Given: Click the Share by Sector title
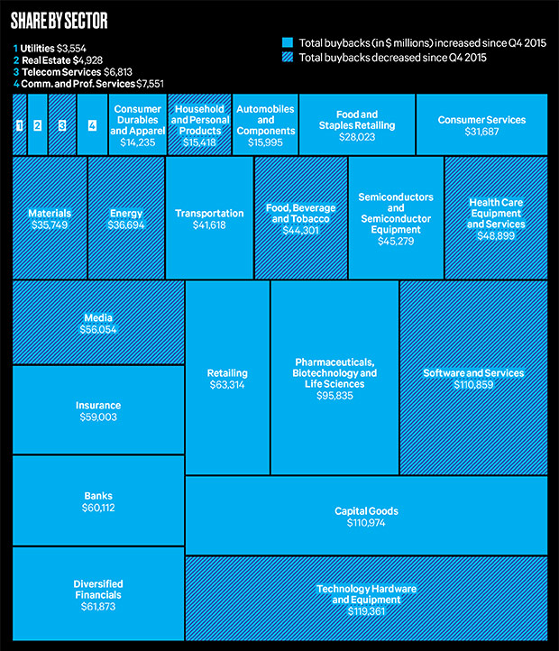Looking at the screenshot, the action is pos(59,21).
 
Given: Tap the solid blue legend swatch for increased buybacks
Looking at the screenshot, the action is pos(288,42).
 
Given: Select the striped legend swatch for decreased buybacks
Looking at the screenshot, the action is pos(288,57).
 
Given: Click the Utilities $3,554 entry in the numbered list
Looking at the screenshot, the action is pos(50,48).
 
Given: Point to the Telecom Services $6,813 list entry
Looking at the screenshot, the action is pos(73,72).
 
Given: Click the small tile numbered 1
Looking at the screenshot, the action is pos(20,124).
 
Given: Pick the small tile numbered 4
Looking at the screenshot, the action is pos(92,124).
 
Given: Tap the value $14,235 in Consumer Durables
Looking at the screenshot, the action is pos(137,142).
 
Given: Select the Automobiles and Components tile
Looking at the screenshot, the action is pos(265,124).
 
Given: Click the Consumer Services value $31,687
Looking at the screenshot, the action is pos(481,132).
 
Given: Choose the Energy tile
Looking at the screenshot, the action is pos(126,217).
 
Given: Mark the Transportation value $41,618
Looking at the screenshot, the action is pos(209,225).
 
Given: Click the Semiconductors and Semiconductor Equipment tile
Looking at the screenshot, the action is pos(396,217).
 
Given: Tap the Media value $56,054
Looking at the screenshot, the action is pos(98,330).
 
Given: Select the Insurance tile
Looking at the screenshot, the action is pos(98,409).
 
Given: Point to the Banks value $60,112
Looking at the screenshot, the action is pos(98,508).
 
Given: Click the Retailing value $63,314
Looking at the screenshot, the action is pos(227,385).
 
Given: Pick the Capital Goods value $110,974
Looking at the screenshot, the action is pos(366,523).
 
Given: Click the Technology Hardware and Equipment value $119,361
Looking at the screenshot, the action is pos(366,611).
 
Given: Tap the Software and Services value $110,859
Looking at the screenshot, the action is pos(473,384).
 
